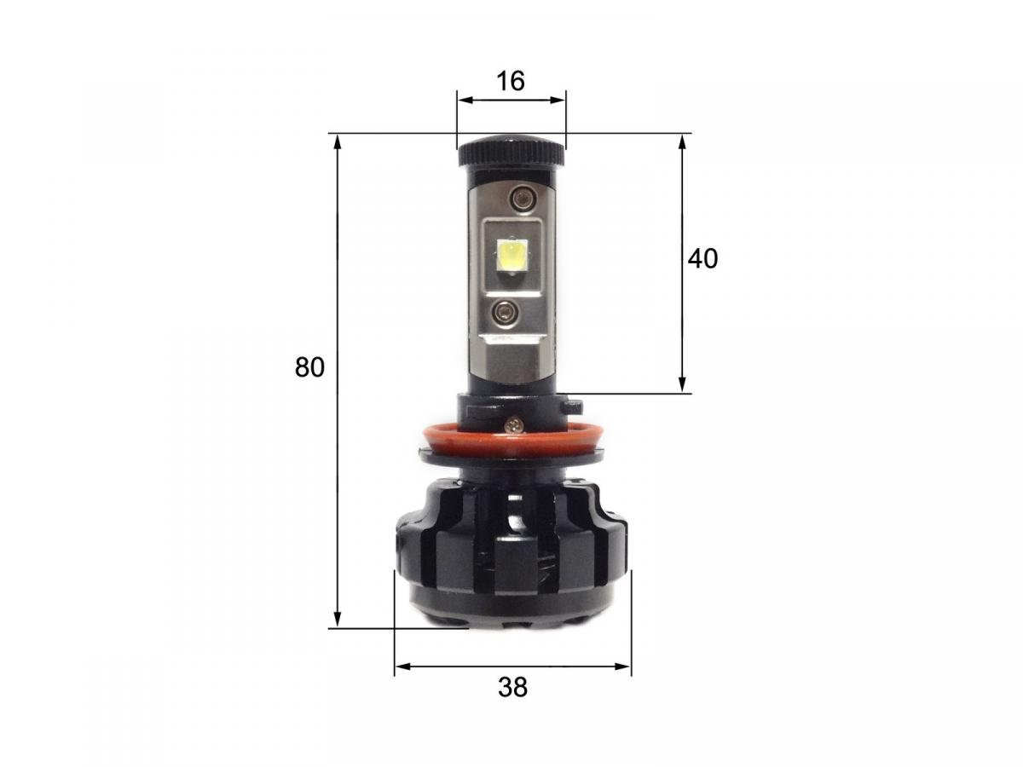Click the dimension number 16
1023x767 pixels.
pyautogui.click(x=511, y=81)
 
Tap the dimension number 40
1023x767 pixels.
pyautogui.click(x=703, y=259)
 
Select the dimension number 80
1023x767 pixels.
pyautogui.click(x=310, y=367)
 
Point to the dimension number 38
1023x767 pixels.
pyautogui.click(x=512, y=687)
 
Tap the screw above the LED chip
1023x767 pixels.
pyautogui.click(x=520, y=199)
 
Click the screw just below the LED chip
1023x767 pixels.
pyautogui.click(x=504, y=312)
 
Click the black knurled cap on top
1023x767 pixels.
pyautogui.click(x=511, y=153)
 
